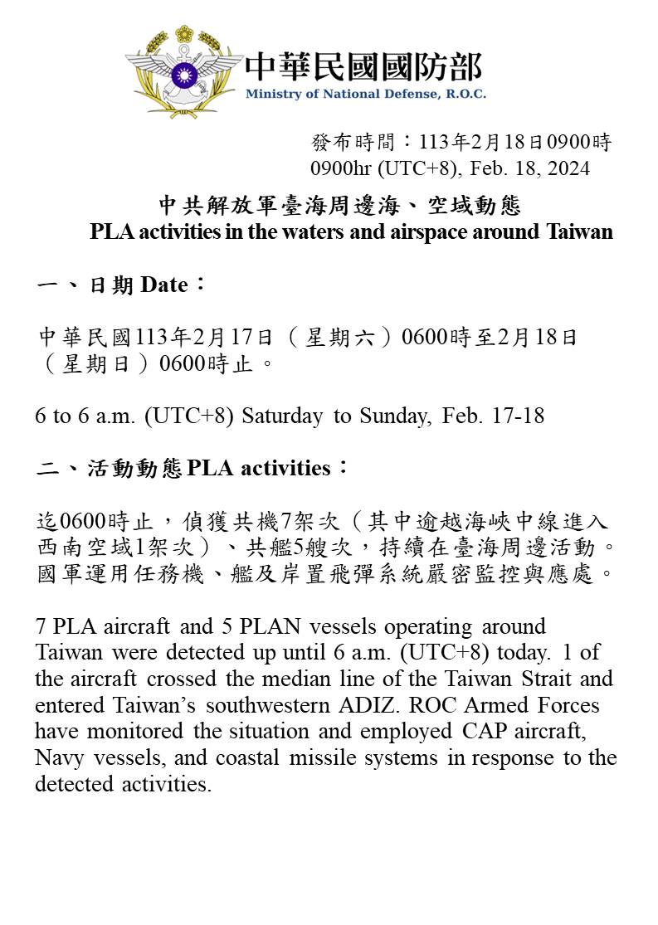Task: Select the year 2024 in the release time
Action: [x=568, y=168]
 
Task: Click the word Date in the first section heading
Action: [x=164, y=285]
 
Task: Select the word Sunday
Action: [x=393, y=416]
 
